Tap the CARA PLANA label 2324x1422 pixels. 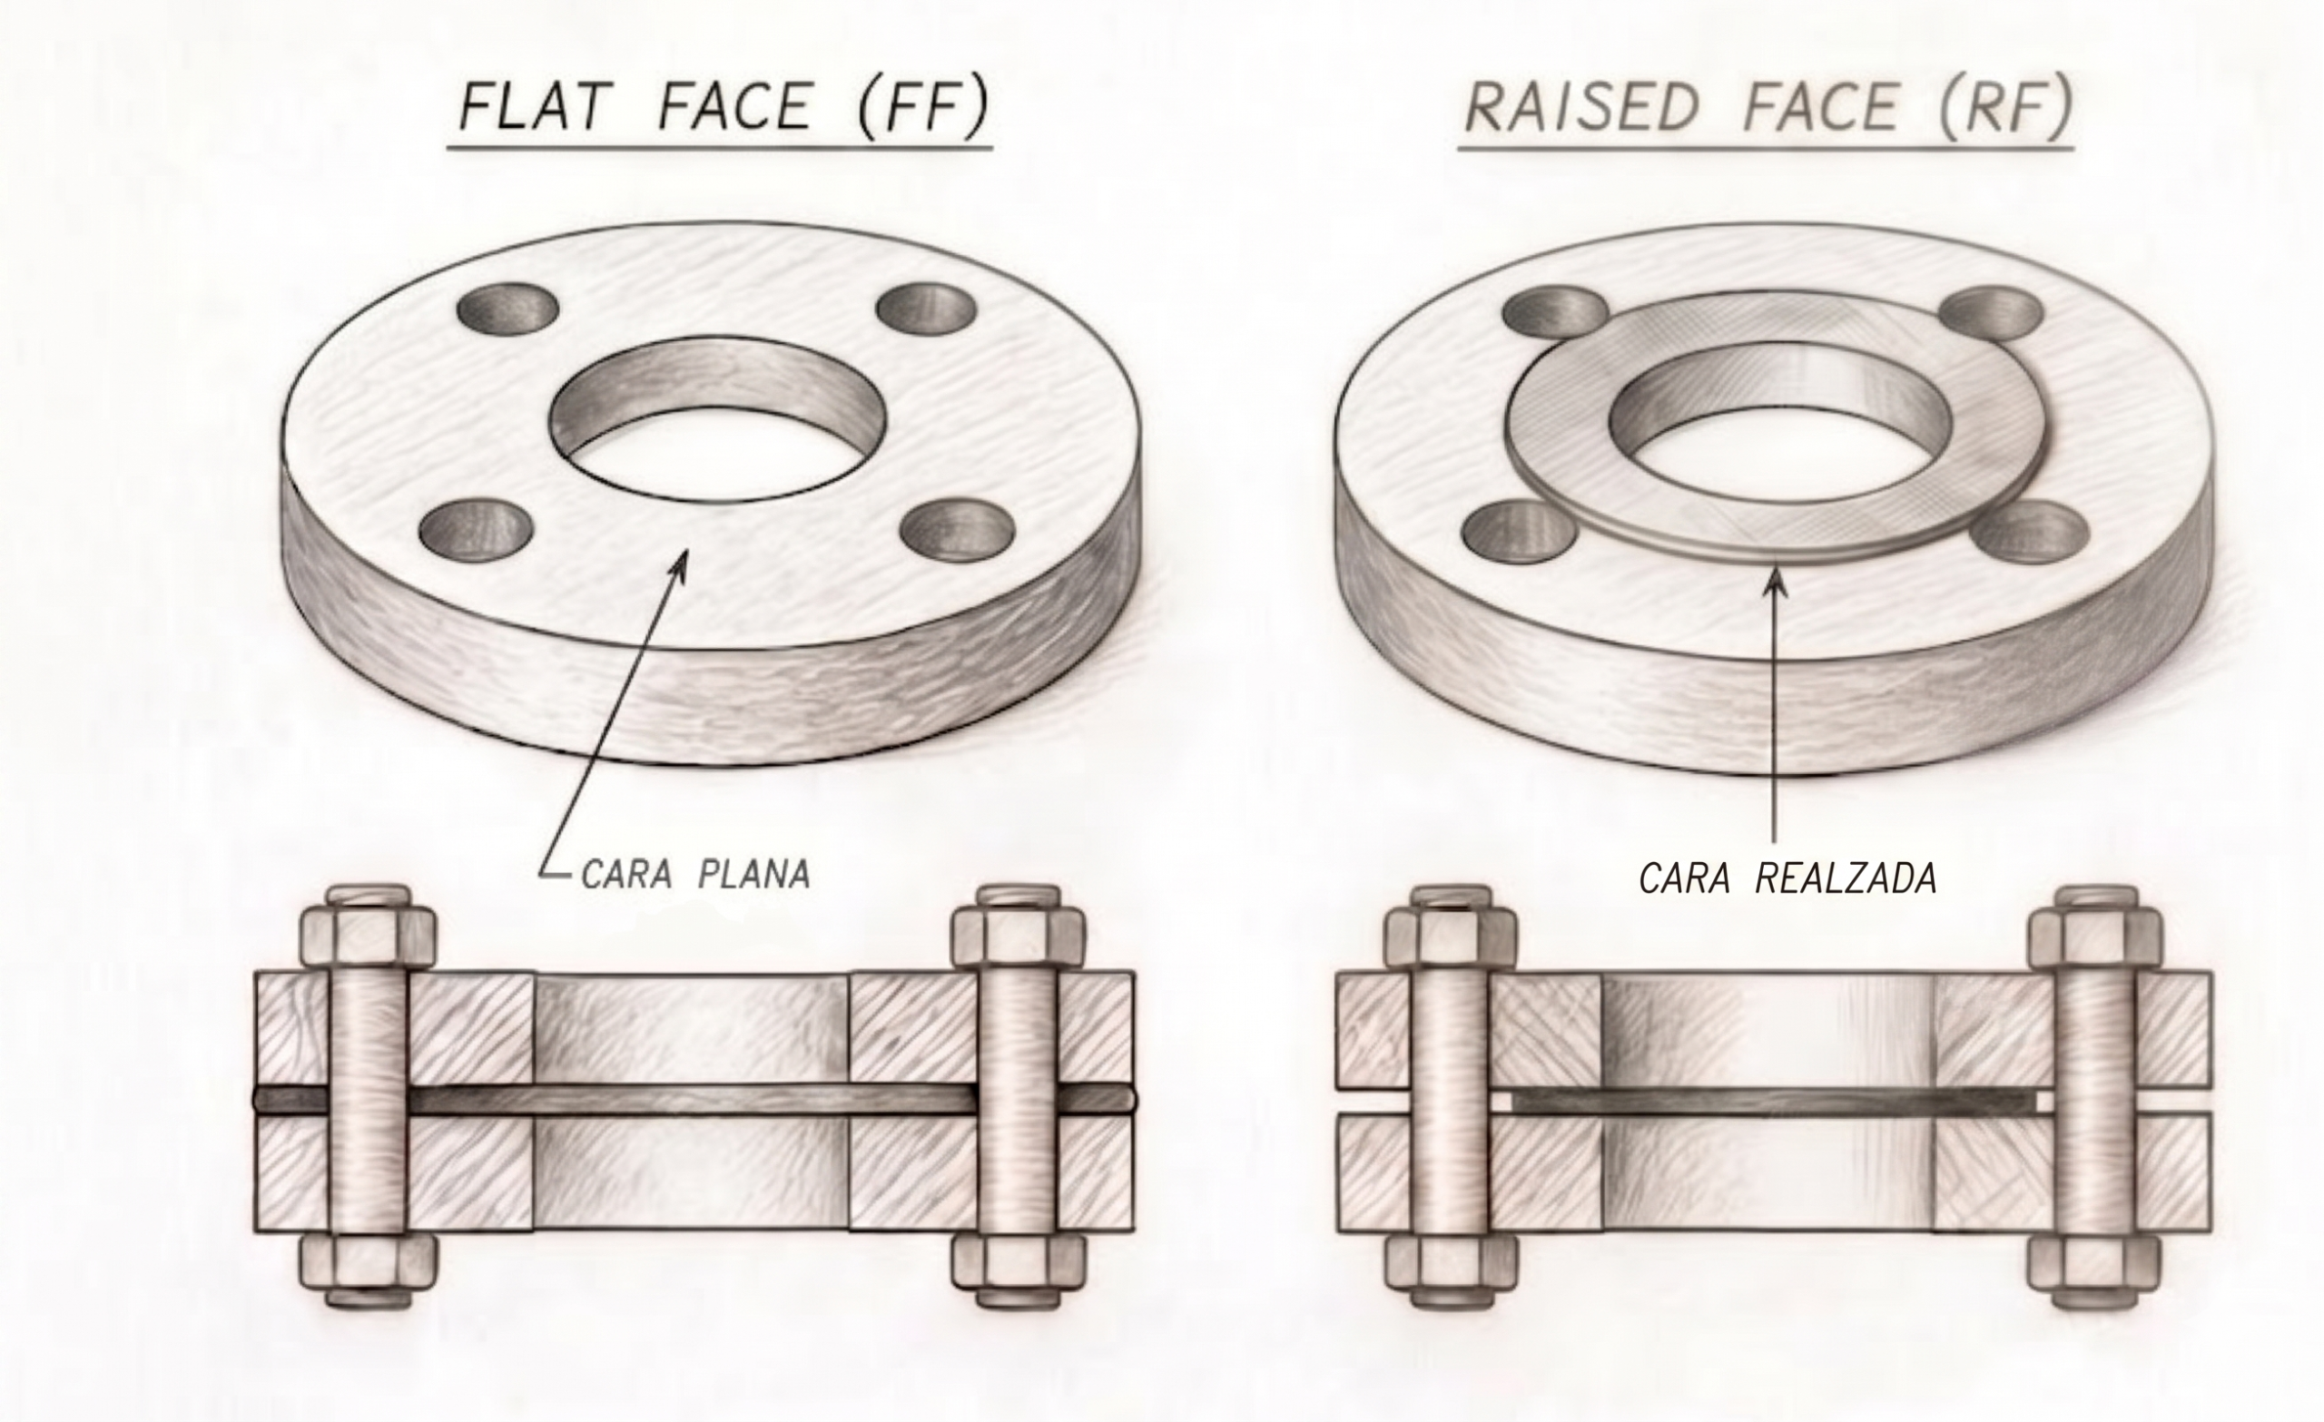pyautogui.click(x=696, y=874)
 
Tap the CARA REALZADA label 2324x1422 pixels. pyautogui.click(x=1788, y=878)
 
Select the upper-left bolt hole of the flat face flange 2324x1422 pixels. pyautogui.click(x=507, y=309)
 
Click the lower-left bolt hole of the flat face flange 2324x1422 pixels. pyautogui.click(x=470, y=528)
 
